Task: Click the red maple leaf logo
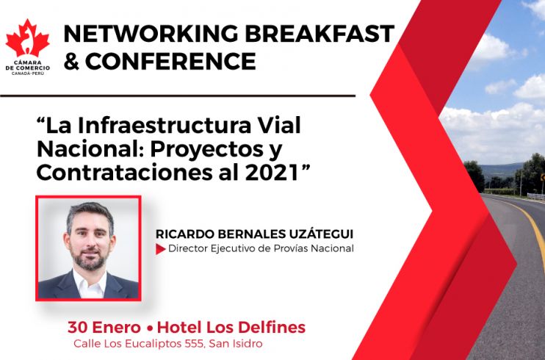pyautogui.click(x=27, y=38)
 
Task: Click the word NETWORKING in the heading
pyautogui.click(x=151, y=34)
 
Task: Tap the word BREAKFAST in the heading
pyautogui.click(x=320, y=34)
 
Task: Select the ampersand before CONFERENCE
pyautogui.click(x=71, y=61)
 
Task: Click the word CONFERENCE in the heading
pyautogui.click(x=170, y=61)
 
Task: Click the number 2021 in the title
pyautogui.click(x=272, y=173)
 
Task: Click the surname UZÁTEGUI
pyautogui.click(x=321, y=234)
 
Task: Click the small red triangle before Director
pyautogui.click(x=160, y=249)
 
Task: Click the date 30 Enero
pyautogui.click(x=104, y=327)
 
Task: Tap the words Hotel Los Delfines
pyautogui.click(x=231, y=327)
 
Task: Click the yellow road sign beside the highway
pyautogui.click(x=543, y=177)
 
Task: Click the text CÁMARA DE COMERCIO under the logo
pyautogui.click(x=28, y=65)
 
